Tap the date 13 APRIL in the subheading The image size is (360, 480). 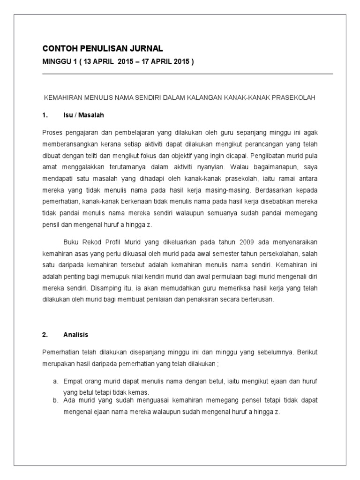[101, 62]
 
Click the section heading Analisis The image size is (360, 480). [76, 335]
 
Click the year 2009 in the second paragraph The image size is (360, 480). [249, 242]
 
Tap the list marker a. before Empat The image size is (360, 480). [55, 381]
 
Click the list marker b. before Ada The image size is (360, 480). [55, 401]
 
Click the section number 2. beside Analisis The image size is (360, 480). [45, 335]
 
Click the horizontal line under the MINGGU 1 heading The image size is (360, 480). [187, 74]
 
